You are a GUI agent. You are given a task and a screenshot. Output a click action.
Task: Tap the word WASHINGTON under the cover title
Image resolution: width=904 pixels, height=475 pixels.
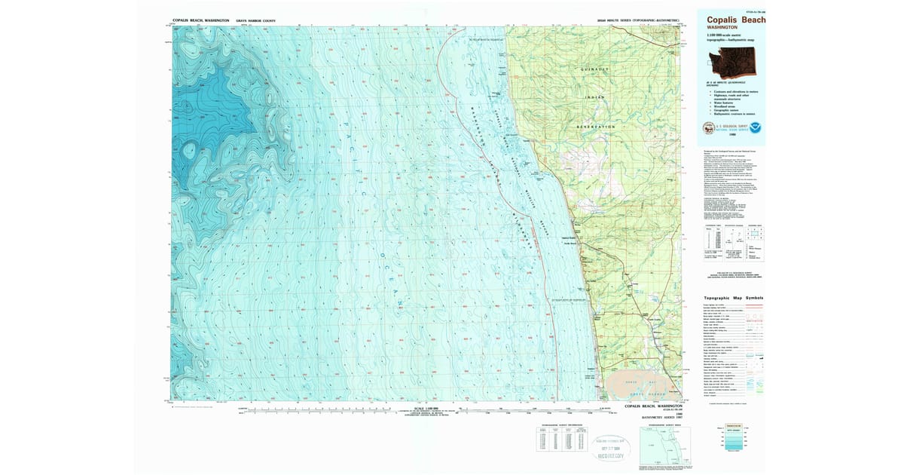click(x=717, y=27)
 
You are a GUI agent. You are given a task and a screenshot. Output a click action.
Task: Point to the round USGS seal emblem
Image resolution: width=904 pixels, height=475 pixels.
click(x=708, y=128)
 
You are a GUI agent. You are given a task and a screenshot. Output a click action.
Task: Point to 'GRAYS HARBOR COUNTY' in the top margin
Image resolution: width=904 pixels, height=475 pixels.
click(x=235, y=20)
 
